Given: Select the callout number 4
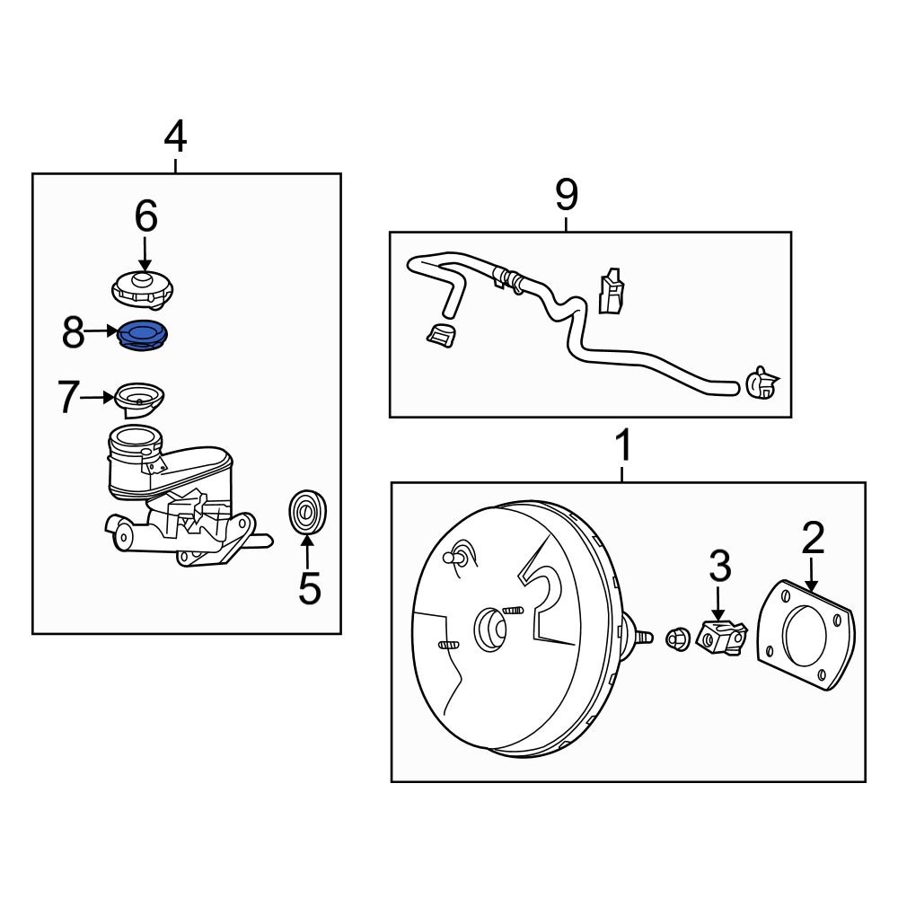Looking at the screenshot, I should click(x=175, y=137).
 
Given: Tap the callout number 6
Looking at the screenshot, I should click(x=145, y=216).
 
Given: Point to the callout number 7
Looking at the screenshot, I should click(x=70, y=398).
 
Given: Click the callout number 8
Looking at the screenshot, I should click(x=74, y=334).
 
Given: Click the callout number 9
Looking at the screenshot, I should click(x=567, y=194).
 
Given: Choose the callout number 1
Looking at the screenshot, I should click(x=622, y=445).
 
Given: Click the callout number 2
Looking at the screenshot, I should click(x=812, y=537).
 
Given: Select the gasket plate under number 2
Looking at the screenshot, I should click(x=802, y=635).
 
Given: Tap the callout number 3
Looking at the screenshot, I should click(x=719, y=566).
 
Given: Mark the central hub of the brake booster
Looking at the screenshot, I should click(x=492, y=628).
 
